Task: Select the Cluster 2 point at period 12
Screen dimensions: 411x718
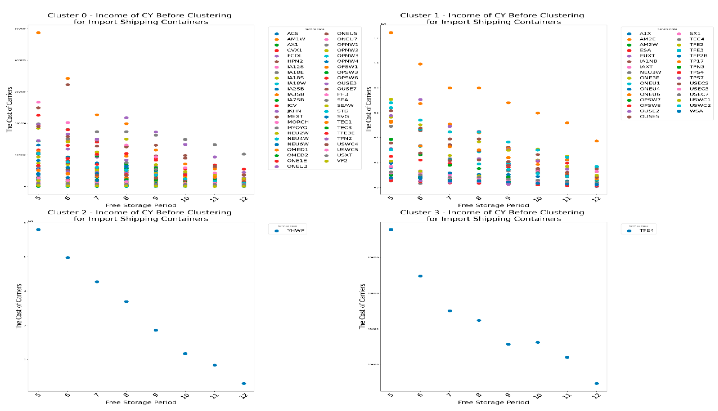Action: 244,383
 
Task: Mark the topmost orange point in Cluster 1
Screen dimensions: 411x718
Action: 391,33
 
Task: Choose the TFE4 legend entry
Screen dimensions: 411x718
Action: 646,230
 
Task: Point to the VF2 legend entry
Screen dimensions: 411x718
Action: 342,161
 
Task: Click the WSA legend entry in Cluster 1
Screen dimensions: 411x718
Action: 696,111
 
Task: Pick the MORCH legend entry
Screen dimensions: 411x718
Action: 298,122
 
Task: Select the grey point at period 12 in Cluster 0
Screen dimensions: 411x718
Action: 244,154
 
